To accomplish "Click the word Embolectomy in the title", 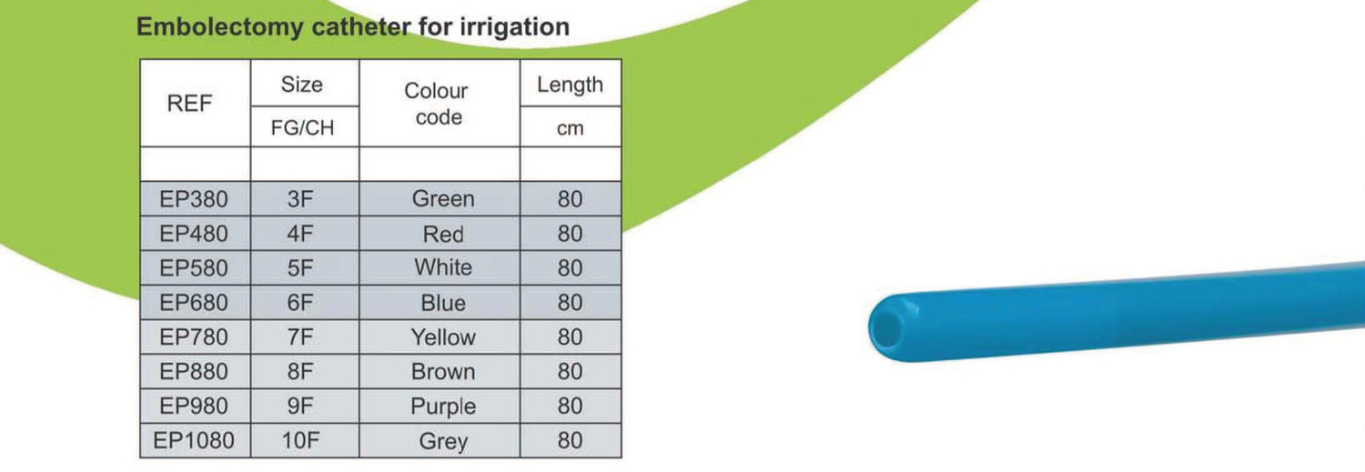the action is [x=219, y=27].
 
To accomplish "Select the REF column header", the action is [x=189, y=104].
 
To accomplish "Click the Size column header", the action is [x=301, y=84].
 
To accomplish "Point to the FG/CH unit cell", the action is [x=302, y=128].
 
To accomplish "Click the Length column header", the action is [x=570, y=84].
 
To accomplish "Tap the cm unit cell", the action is [x=570, y=128].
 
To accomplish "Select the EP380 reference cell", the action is [x=194, y=199].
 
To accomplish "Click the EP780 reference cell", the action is [x=194, y=336].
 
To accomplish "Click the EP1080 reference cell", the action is [x=194, y=440].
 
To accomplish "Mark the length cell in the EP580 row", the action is [x=570, y=268].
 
